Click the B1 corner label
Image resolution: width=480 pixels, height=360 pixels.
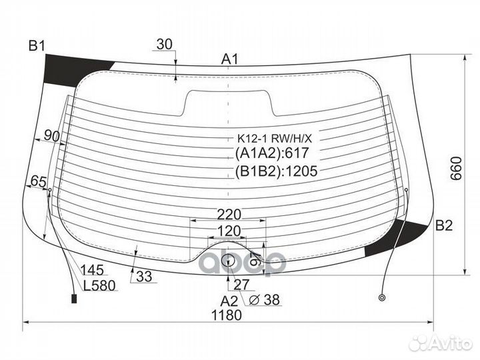(37, 46)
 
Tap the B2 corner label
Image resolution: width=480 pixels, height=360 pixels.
(444, 225)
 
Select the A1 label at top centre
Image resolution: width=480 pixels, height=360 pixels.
(229, 59)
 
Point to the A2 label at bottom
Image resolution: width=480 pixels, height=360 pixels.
(229, 301)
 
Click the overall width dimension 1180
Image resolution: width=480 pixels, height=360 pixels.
(227, 315)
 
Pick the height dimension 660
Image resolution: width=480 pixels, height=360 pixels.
(456, 169)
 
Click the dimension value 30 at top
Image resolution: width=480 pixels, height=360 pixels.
(165, 45)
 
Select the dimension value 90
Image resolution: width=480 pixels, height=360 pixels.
(52, 135)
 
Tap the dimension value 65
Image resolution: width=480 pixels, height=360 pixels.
(39, 181)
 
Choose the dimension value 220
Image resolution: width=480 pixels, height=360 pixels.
(229, 215)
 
